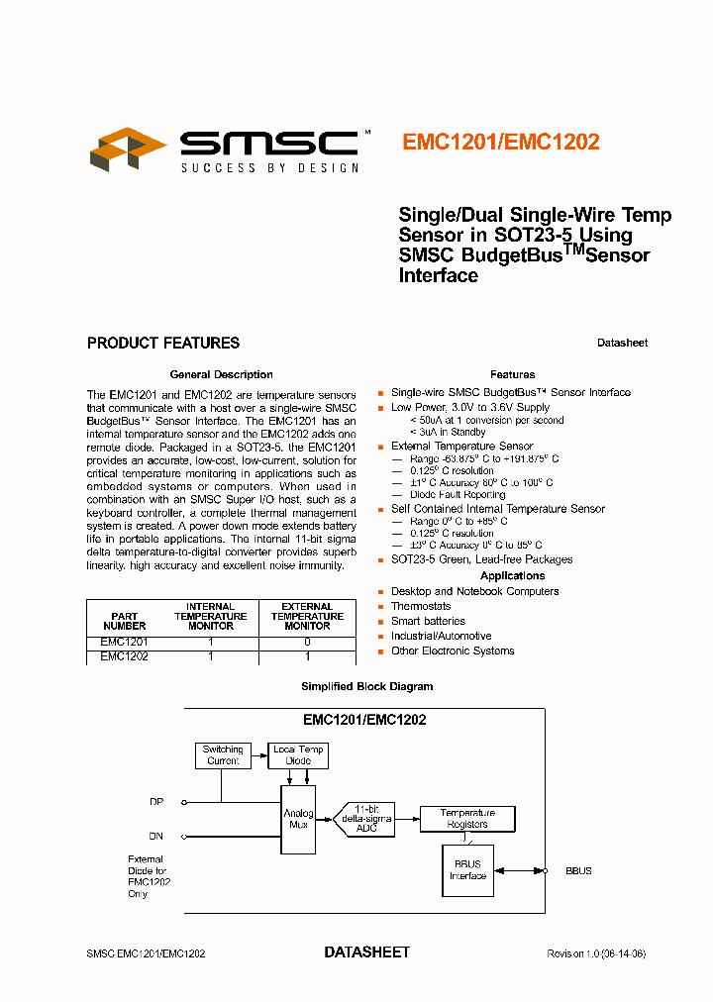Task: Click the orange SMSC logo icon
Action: [x=127, y=149]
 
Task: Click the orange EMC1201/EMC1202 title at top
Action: [x=500, y=142]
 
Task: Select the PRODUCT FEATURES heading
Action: [x=163, y=344]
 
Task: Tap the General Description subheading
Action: [x=222, y=374]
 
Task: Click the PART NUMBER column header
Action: [x=125, y=621]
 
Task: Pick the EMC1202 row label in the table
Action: [x=125, y=656]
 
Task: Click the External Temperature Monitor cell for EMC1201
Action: [x=307, y=643]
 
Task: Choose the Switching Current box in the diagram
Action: [x=223, y=755]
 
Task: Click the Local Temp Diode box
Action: [x=298, y=755]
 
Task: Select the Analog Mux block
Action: [x=298, y=820]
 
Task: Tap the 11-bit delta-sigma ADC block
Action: [x=373, y=819]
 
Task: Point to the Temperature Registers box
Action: [x=467, y=818]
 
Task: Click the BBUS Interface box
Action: [x=467, y=870]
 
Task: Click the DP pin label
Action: [x=156, y=802]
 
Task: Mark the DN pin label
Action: [x=156, y=837]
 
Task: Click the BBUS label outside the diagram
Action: [x=578, y=871]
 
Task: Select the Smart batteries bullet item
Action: [x=428, y=621]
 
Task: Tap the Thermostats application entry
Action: [x=421, y=606]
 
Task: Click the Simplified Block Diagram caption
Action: [x=366, y=686]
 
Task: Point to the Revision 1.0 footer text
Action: [x=596, y=953]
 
